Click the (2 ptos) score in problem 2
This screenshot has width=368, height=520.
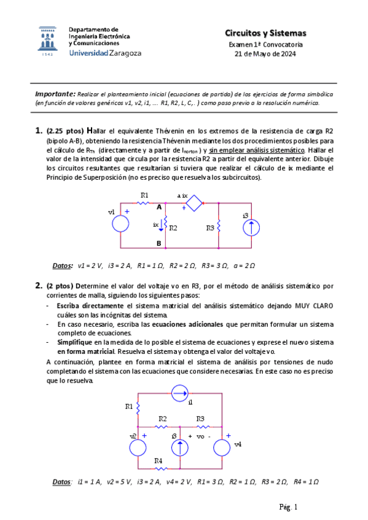pos(60,285)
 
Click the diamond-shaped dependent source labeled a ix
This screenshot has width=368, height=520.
pos(195,204)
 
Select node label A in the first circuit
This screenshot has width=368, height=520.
pos(159,207)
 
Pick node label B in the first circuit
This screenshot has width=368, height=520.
pos(159,243)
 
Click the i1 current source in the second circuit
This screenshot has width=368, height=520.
pos(180,391)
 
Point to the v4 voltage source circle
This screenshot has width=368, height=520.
pos(227,443)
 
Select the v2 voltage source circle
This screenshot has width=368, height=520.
pos(138,443)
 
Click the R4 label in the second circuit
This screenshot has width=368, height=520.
pos(158,460)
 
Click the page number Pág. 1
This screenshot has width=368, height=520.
pos(288,507)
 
